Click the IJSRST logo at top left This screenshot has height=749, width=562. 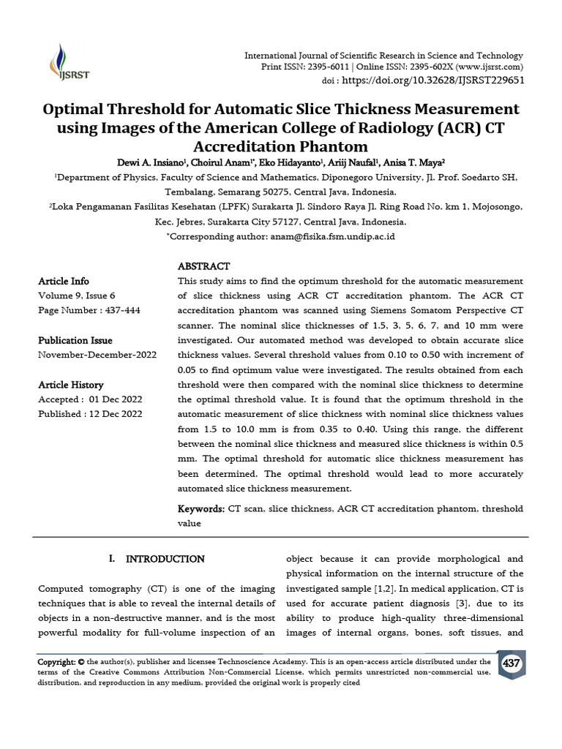click(x=62, y=62)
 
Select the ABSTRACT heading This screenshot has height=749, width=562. click(x=203, y=266)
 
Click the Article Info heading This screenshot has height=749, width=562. click(x=64, y=282)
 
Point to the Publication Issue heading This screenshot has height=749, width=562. click(x=75, y=340)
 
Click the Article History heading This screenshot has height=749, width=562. click(x=71, y=385)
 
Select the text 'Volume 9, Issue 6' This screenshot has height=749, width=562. click(x=76, y=296)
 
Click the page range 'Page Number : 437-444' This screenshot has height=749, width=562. click(x=89, y=311)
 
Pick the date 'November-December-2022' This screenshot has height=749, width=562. click(x=97, y=355)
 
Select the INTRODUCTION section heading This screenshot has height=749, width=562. click(x=165, y=560)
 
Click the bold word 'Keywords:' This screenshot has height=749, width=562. click(x=201, y=509)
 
